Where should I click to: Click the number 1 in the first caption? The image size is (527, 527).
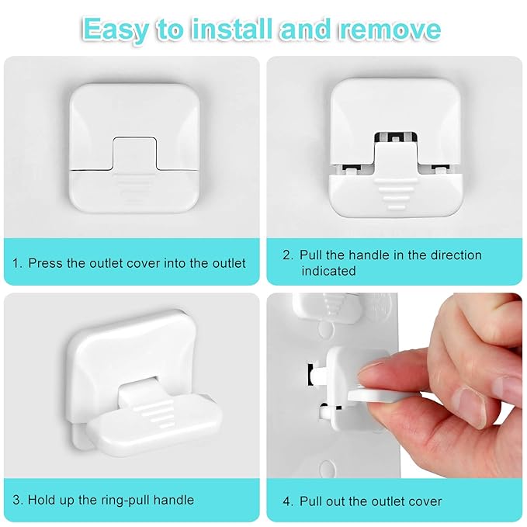(16, 262)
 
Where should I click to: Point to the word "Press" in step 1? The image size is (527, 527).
(45, 262)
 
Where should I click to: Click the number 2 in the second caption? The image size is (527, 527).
(286, 255)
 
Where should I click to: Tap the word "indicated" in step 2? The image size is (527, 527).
(328, 271)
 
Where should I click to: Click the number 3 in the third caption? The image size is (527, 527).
(16, 499)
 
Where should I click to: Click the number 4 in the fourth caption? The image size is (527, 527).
(286, 501)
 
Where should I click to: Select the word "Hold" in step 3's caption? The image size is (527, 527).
(41, 499)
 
